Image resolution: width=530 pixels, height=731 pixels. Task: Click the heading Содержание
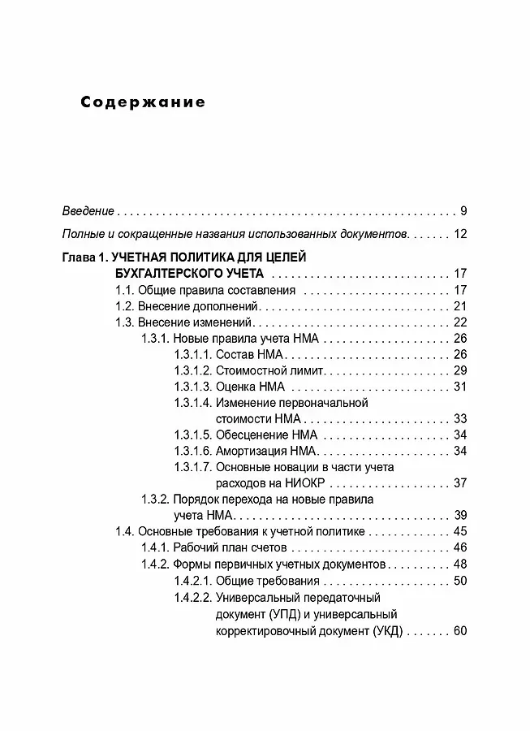point(143,103)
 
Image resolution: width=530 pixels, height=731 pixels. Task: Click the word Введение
point(88,211)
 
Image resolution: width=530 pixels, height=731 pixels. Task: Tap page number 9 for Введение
point(463,211)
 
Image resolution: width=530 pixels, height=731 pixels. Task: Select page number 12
point(460,235)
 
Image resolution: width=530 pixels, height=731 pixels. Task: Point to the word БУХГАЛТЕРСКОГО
point(167,274)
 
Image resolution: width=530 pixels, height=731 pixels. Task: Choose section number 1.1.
point(124,290)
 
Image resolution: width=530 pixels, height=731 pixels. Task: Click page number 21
point(460,306)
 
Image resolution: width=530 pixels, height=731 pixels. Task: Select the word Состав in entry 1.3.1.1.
point(236,354)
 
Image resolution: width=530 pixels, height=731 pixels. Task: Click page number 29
point(460,370)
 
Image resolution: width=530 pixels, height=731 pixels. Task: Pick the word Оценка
point(236,386)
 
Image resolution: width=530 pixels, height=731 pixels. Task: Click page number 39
point(460,515)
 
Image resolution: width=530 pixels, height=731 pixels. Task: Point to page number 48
point(460,563)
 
